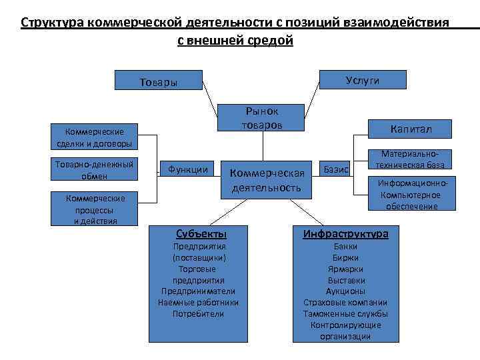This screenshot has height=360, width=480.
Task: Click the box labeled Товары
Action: (x=159, y=82)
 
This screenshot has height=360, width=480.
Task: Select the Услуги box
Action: (x=363, y=80)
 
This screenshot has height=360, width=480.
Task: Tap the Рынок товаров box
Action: (x=262, y=117)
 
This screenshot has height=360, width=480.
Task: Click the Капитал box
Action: (x=411, y=128)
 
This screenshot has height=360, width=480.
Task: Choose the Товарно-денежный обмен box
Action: (x=93, y=169)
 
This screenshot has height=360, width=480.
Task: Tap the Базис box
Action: (x=336, y=170)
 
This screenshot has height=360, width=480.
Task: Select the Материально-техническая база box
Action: (x=411, y=159)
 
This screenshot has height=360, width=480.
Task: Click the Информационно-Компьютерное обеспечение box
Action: (x=411, y=195)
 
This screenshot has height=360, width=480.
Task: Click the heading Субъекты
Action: (x=201, y=234)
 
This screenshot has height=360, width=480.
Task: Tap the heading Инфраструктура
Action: (x=345, y=234)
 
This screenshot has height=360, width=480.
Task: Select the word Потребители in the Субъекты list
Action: (x=198, y=313)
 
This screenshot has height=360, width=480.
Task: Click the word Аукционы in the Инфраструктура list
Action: (x=345, y=291)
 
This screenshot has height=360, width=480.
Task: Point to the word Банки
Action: (x=345, y=247)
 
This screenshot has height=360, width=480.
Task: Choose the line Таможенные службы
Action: (x=345, y=313)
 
